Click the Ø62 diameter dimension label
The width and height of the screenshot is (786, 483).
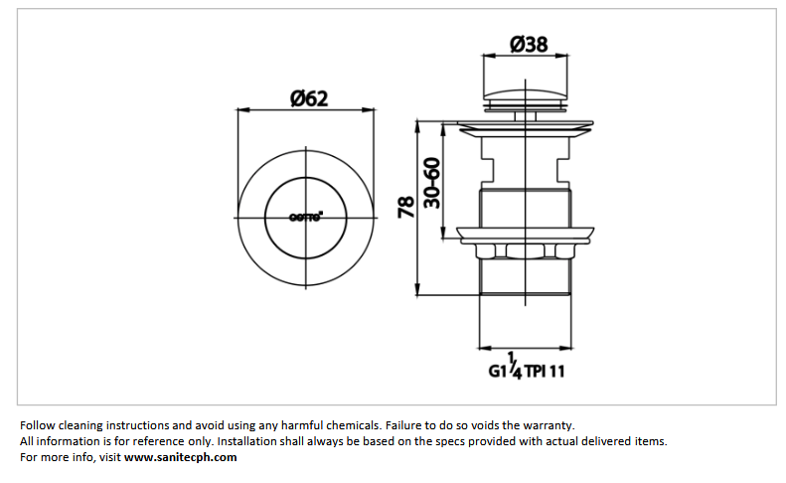308,97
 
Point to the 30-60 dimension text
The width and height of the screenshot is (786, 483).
431,181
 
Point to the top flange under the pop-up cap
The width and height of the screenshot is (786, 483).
527,127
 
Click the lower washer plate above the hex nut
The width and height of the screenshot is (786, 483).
527,236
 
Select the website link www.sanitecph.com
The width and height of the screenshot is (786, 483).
181,457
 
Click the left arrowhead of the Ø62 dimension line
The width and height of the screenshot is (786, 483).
239,110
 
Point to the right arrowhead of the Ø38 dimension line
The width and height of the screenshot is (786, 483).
569,57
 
